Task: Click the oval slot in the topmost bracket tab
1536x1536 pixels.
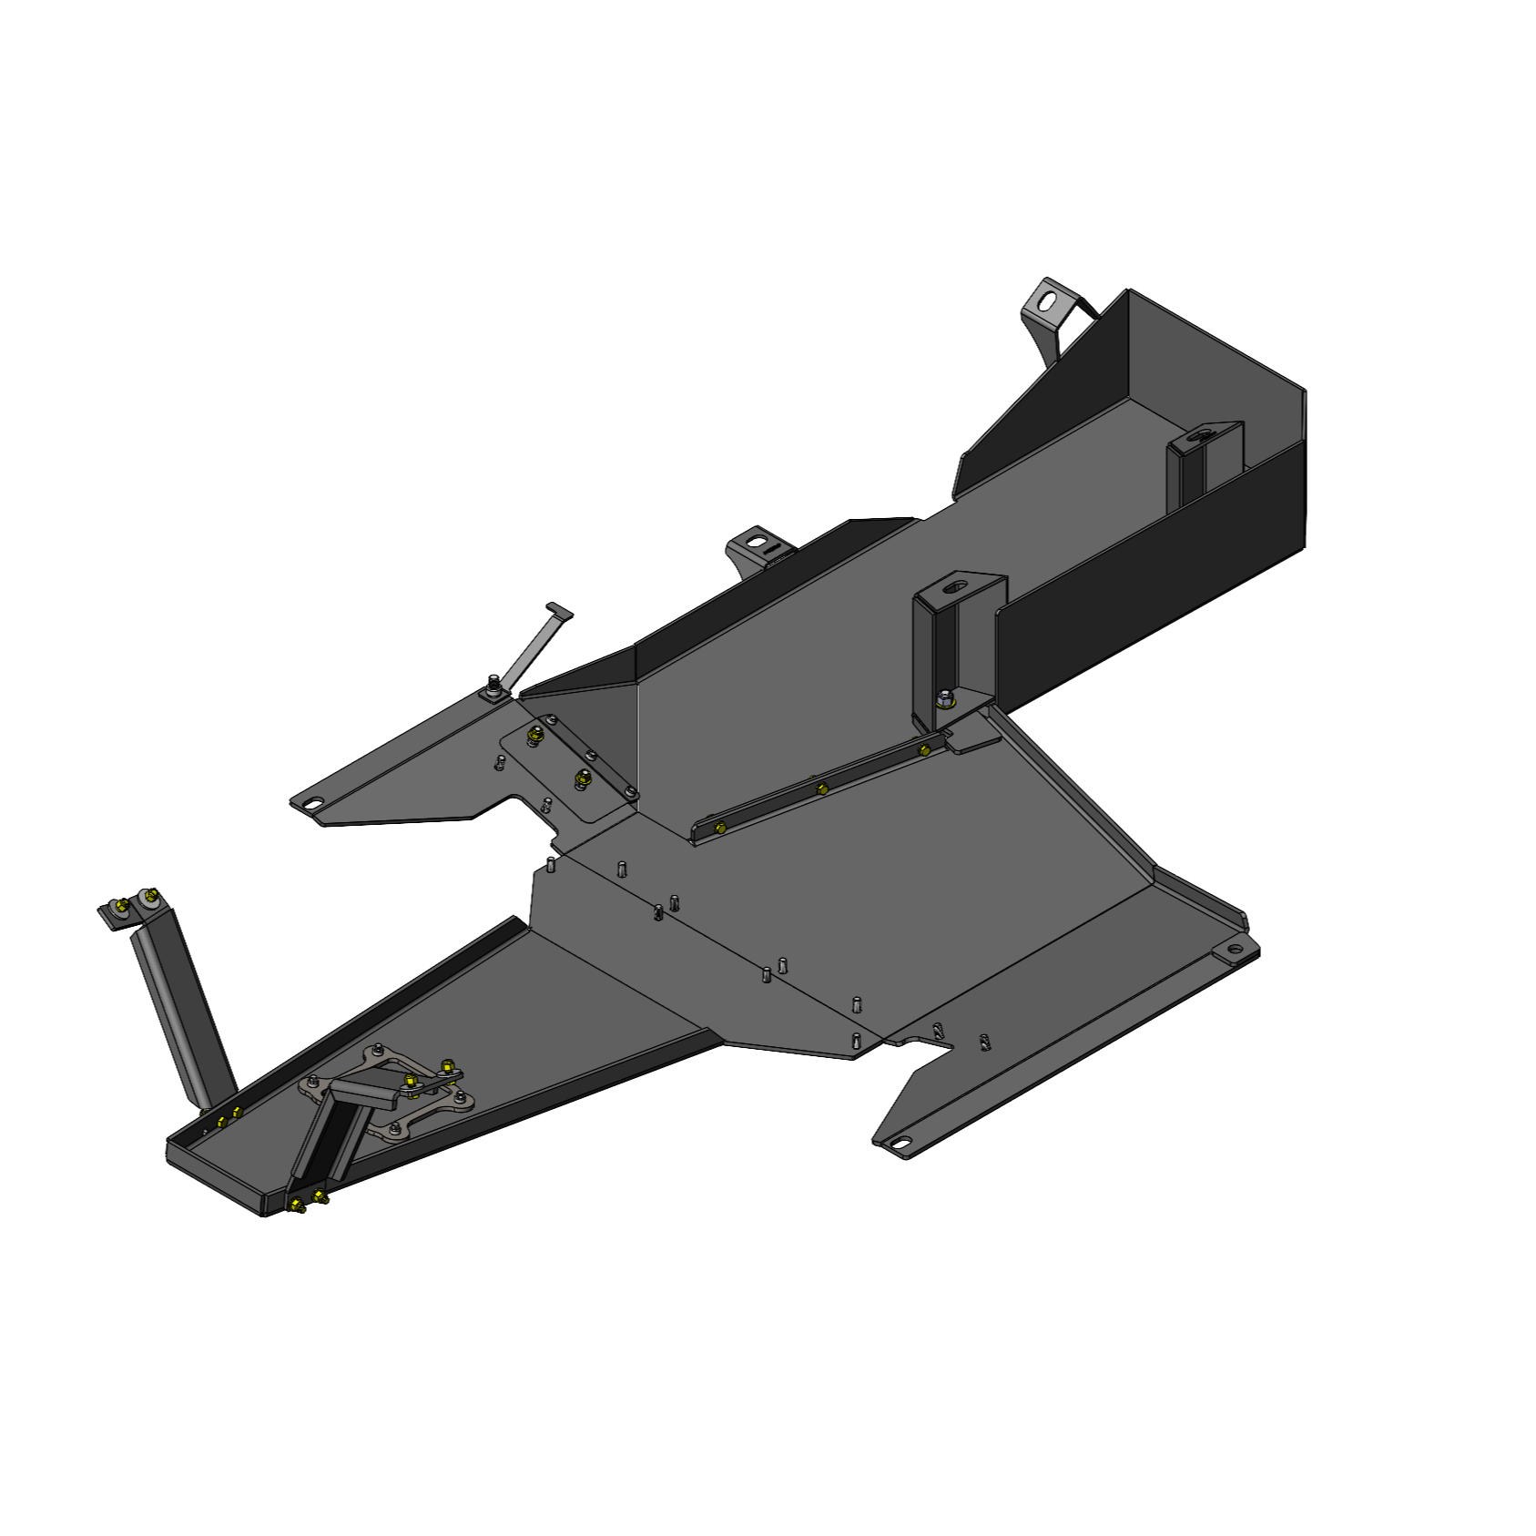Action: tap(1049, 300)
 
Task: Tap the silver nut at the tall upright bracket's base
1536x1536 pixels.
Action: tap(947, 698)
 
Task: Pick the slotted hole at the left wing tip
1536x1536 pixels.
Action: tap(312, 804)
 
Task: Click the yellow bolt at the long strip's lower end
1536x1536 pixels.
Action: tap(721, 829)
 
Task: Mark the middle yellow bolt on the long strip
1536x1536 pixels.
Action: tap(822, 788)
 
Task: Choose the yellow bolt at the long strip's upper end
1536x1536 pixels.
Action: tap(924, 750)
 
